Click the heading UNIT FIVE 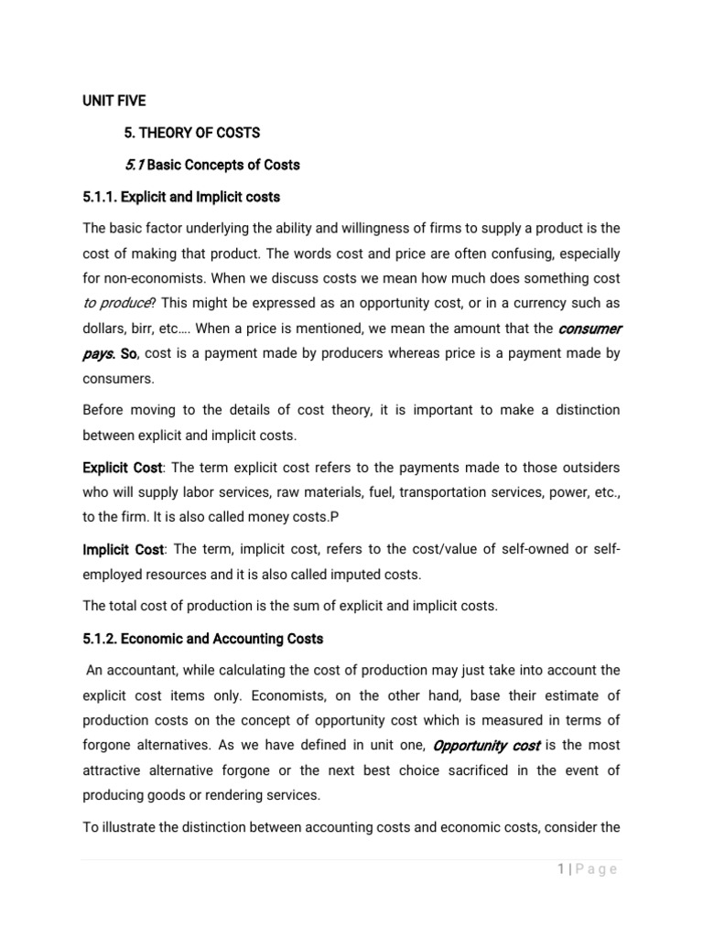click(x=114, y=100)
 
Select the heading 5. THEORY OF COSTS click(x=192, y=133)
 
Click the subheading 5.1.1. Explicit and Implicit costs click(x=181, y=197)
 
